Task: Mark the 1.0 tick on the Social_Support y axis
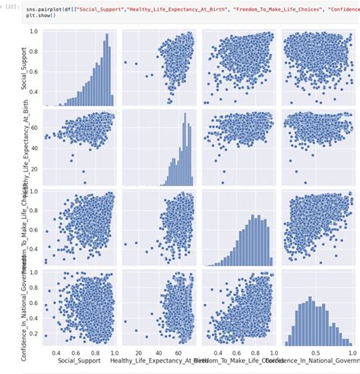pyautogui.click(x=35, y=32)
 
